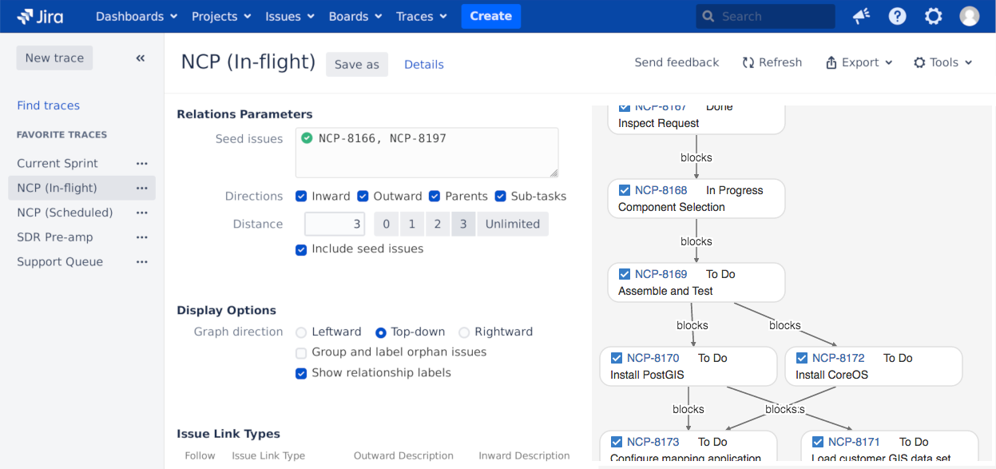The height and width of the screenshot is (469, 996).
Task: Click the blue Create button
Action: (490, 16)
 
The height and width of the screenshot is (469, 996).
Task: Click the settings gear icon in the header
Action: (933, 16)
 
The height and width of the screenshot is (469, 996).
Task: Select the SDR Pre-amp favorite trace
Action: (55, 237)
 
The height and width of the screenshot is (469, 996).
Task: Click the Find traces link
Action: (48, 105)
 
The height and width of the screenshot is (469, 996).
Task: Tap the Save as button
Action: (356, 65)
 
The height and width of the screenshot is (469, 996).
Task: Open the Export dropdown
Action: (859, 62)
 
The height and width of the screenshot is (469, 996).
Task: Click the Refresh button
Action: (772, 62)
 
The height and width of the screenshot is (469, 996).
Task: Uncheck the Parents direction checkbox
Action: (435, 197)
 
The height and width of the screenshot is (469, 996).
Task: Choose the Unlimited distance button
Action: (512, 225)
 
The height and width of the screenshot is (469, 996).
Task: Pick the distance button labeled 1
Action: (411, 225)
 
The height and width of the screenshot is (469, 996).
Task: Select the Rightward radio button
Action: (464, 332)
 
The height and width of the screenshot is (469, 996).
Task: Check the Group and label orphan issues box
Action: (301, 353)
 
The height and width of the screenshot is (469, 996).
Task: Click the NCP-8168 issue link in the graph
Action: (661, 190)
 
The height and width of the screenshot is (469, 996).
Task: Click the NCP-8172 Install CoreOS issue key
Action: (838, 358)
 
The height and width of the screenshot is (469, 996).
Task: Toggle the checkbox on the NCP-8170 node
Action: (617, 358)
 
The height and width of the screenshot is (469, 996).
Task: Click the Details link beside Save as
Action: (423, 65)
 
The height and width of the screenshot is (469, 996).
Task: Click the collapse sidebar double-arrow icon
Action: (141, 58)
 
